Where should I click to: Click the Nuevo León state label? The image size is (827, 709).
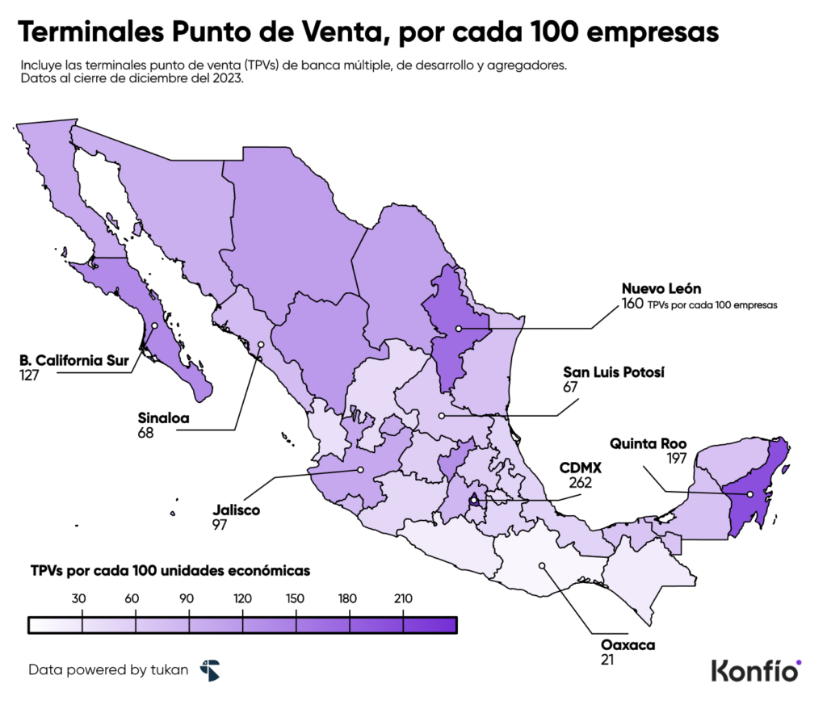pyautogui.click(x=661, y=288)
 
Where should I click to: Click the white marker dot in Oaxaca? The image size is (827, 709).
pyautogui.click(x=542, y=565)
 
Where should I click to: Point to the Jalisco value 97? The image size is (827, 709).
pyautogui.click(x=220, y=525)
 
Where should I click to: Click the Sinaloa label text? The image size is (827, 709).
pyautogui.click(x=164, y=418)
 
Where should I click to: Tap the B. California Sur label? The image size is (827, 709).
pyautogui.click(x=74, y=360)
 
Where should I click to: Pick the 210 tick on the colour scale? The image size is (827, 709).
pyautogui.click(x=403, y=598)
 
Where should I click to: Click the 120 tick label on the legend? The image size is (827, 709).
pyautogui.click(x=242, y=598)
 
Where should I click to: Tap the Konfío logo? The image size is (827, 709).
pyautogui.click(x=756, y=669)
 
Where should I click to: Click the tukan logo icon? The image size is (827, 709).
pyautogui.click(x=209, y=669)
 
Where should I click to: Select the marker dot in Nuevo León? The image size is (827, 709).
pyautogui.click(x=458, y=329)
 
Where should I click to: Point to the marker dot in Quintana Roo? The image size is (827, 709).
pyautogui.click(x=750, y=494)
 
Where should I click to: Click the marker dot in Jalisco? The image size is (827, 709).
pyautogui.click(x=361, y=469)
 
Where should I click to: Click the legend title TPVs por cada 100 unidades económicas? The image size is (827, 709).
pyautogui.click(x=170, y=570)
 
